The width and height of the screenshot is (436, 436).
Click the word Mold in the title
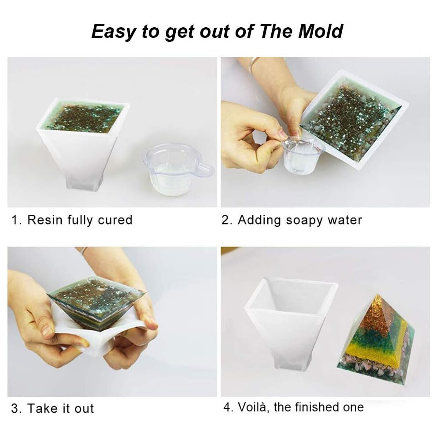[321, 31]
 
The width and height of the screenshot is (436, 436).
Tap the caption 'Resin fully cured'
[80, 220]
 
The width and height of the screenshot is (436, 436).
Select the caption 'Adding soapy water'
[300, 220]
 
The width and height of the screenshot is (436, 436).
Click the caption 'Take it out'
[61, 408]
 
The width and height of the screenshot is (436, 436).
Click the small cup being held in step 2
[303, 156]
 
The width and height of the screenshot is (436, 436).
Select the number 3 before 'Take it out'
[15, 408]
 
